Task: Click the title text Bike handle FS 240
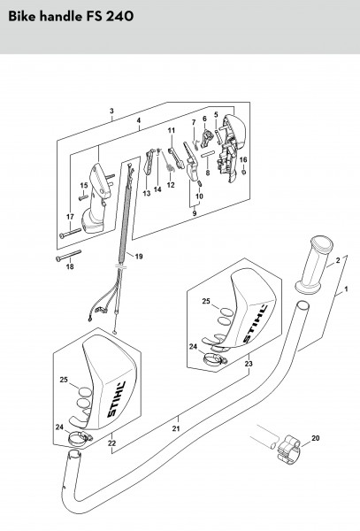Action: (71, 16)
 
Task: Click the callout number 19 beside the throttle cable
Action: (139, 257)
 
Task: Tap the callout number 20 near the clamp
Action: (316, 438)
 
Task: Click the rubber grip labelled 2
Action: (314, 265)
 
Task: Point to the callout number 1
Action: (346, 289)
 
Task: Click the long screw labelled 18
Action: (68, 256)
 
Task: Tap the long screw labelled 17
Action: (71, 233)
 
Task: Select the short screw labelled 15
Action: (83, 197)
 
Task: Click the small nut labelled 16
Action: (243, 173)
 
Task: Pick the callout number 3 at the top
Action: (111, 111)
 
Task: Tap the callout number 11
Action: (172, 130)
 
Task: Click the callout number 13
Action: (147, 193)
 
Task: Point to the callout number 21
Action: (176, 428)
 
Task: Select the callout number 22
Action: (112, 443)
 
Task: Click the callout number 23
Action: (249, 364)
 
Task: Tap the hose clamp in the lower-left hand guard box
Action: (80, 439)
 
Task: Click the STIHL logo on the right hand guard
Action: (255, 323)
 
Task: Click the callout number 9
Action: (195, 213)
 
